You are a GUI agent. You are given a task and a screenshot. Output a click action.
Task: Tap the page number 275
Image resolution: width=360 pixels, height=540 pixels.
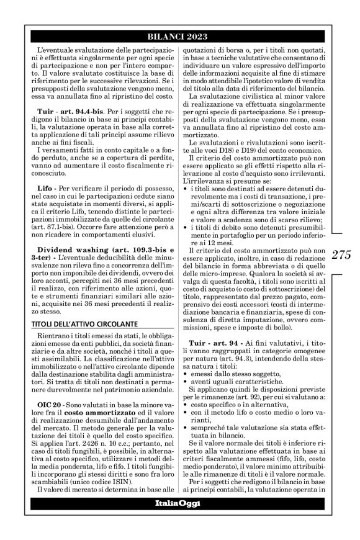343,254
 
